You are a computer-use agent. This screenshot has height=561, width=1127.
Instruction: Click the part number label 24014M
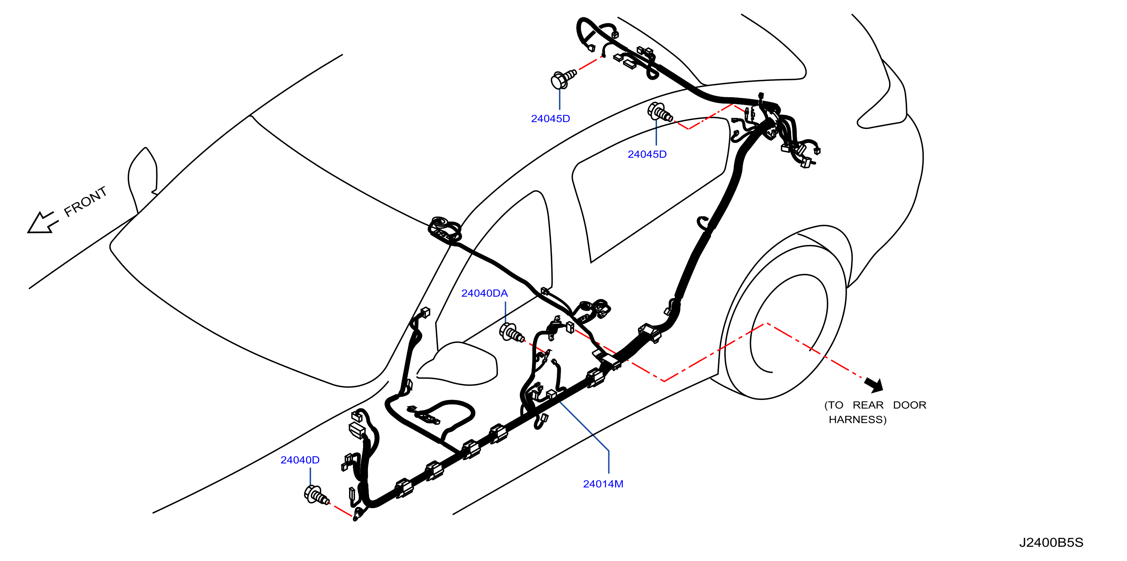point(603,484)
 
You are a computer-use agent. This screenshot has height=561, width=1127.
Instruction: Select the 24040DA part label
point(484,293)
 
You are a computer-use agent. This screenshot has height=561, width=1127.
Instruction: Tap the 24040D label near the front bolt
point(300,460)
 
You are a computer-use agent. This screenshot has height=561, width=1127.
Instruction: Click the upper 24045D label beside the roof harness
point(550,119)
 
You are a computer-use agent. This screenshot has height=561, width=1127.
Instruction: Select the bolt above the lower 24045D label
point(660,112)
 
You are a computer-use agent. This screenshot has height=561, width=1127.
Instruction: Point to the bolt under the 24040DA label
point(512,333)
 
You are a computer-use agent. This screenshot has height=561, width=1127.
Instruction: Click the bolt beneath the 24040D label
point(316,495)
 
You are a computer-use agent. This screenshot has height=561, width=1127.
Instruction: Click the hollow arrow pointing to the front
point(42,222)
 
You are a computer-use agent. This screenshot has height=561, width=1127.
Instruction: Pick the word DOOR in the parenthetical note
point(909,405)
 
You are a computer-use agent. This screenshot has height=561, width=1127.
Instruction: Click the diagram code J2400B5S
point(1051,542)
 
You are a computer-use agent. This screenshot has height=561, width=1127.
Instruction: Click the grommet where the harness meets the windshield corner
point(445,229)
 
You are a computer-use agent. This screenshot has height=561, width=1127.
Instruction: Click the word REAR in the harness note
point(868,405)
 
